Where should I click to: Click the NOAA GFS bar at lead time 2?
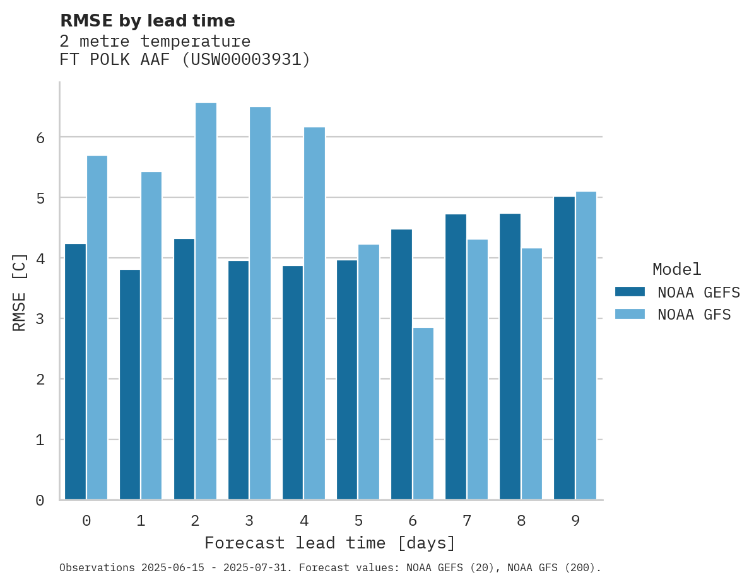(206, 301)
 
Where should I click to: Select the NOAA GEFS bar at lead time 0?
(76, 372)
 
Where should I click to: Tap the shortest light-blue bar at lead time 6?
(423, 414)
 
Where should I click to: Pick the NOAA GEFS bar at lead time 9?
(564, 348)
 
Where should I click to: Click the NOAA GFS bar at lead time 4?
(314, 313)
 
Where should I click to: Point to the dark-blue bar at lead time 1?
(130, 385)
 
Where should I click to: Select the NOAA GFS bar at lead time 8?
(531, 374)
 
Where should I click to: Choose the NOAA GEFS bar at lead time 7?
(456, 357)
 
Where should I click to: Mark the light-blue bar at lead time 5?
(368, 372)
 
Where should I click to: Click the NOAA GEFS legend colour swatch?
(630, 292)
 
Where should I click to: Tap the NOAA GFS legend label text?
(694, 315)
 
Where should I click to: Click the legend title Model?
(676, 270)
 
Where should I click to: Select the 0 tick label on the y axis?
(40, 501)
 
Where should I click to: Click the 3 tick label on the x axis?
(249, 521)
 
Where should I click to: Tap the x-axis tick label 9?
(575, 521)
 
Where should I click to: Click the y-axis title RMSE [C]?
(20, 292)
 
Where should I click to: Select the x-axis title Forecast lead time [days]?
(329, 543)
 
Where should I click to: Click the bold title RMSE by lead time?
(147, 21)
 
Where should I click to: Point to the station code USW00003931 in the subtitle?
(245, 60)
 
